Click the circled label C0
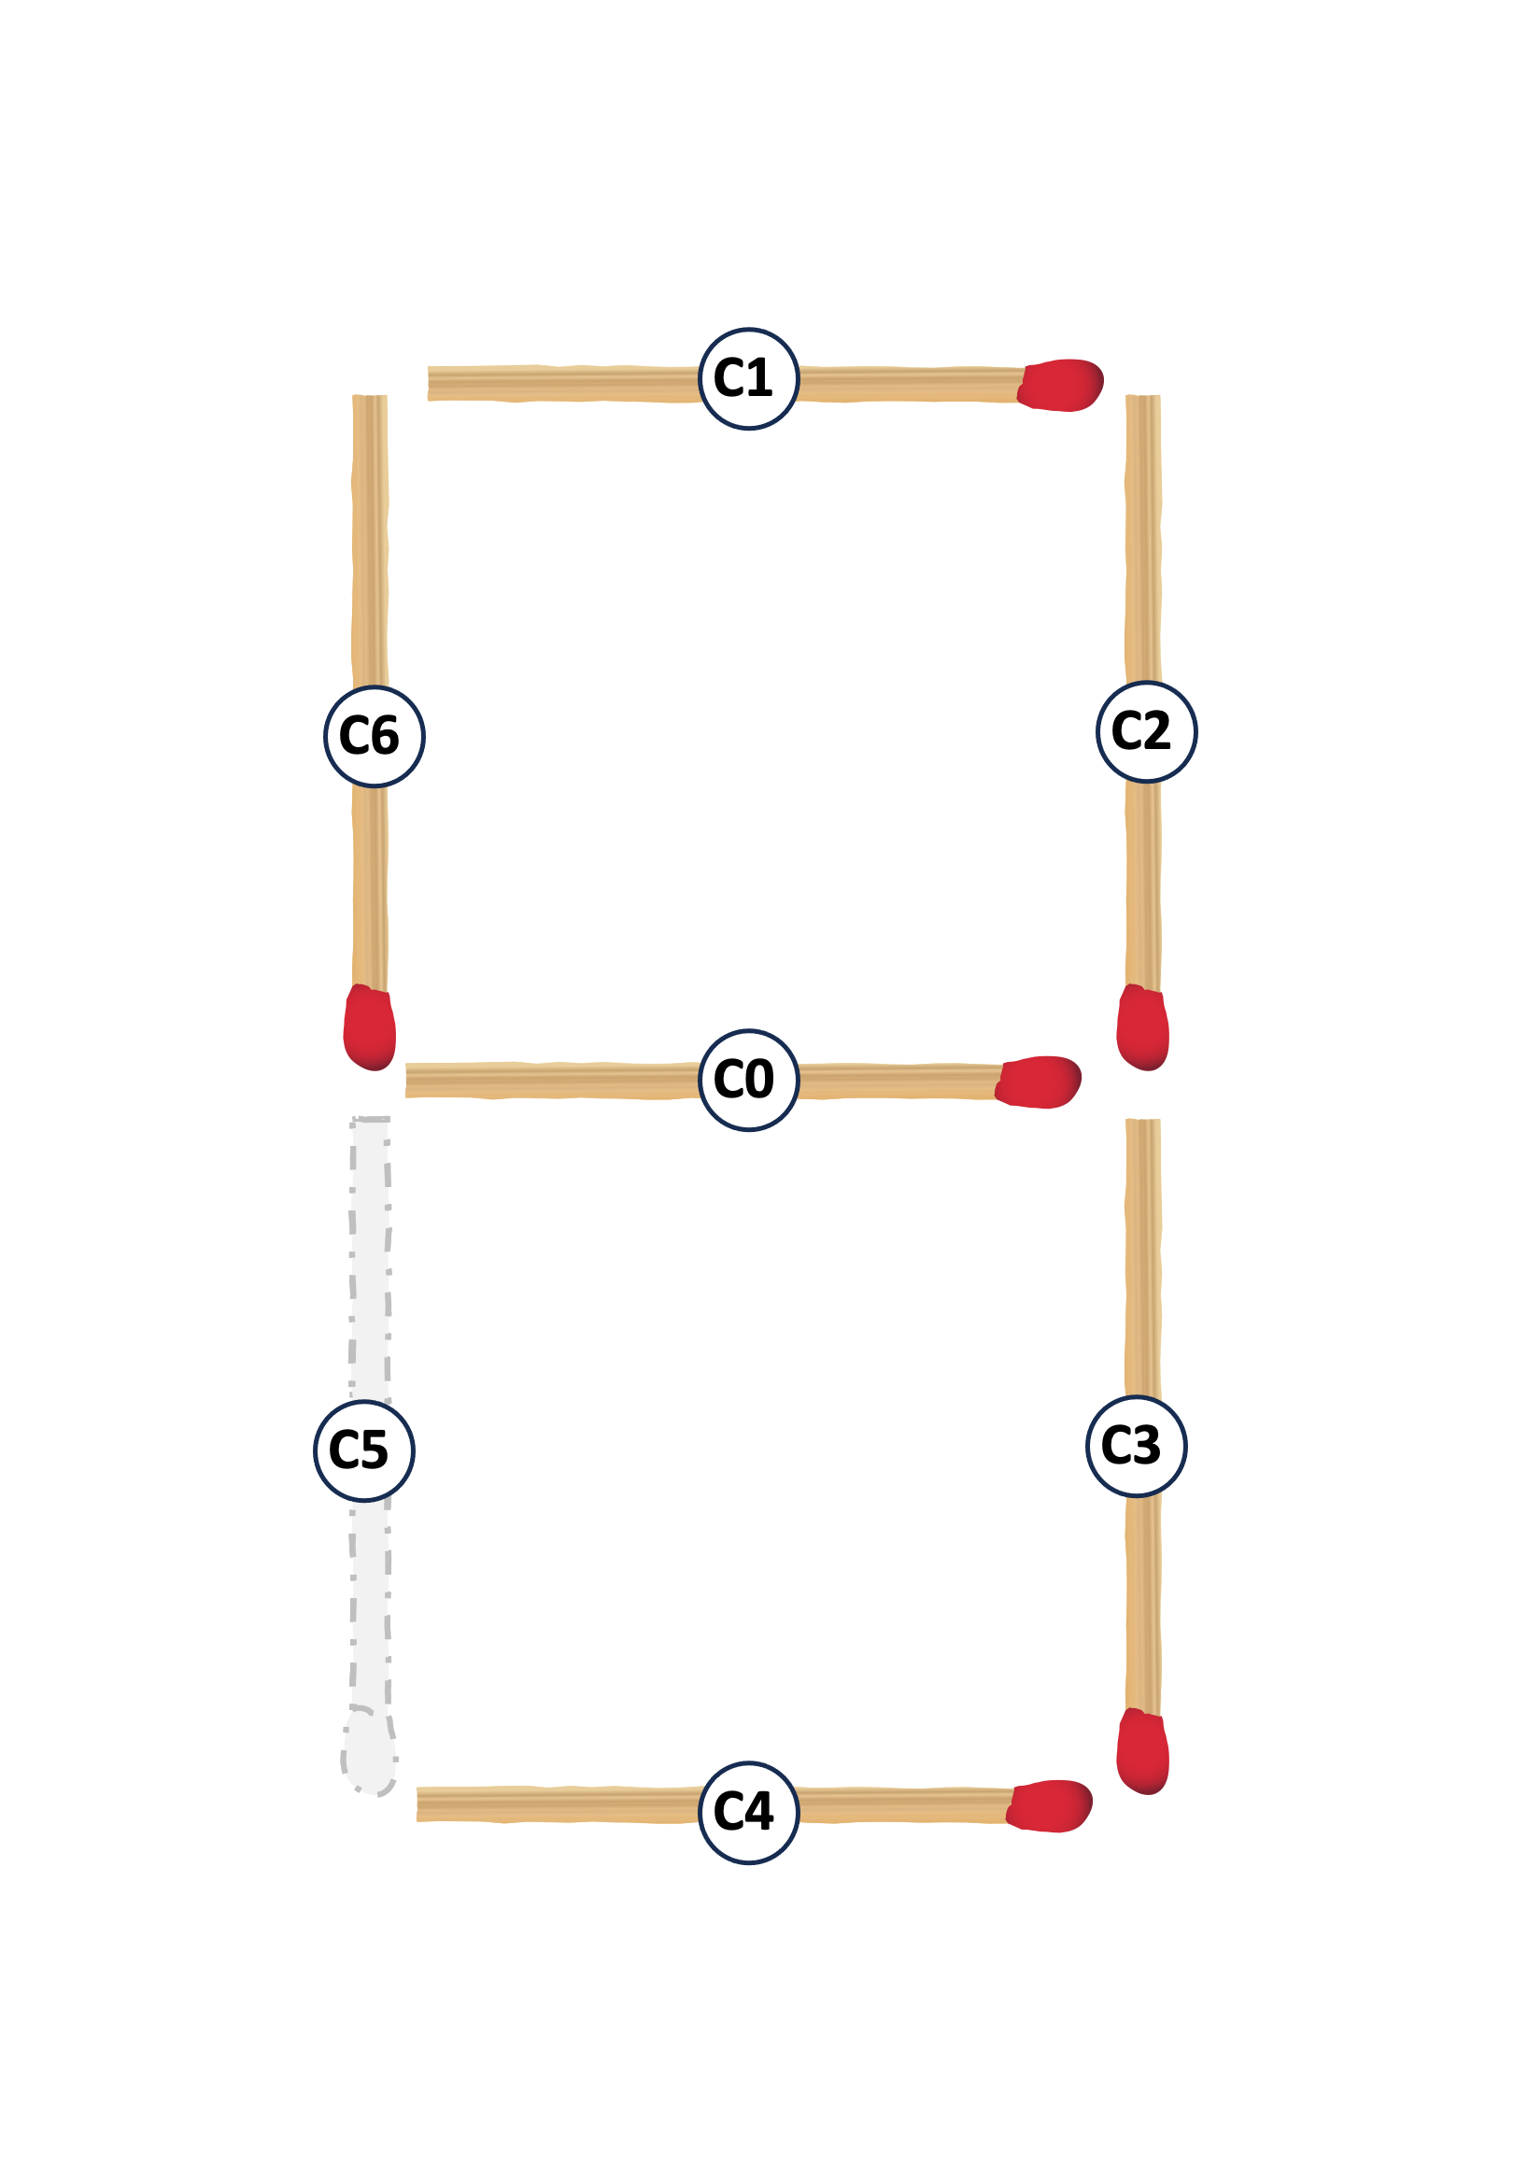click(x=748, y=1080)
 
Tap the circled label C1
click(x=748, y=378)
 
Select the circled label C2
click(x=1146, y=731)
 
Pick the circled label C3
click(x=1136, y=1446)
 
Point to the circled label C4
click(x=748, y=1813)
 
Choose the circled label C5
click(x=363, y=1450)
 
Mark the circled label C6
click(x=374, y=736)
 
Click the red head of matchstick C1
click(x=1059, y=385)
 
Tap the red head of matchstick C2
click(x=1142, y=1027)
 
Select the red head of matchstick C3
click(x=1142, y=1751)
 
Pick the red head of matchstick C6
click(x=369, y=1027)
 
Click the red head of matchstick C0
click(x=1038, y=1082)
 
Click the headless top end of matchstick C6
click(x=370, y=397)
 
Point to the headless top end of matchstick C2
click(x=1143, y=397)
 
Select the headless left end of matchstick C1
click(x=430, y=383)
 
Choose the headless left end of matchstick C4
click(x=419, y=1804)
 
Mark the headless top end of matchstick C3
click(x=1143, y=1122)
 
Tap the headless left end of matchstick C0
click(x=408, y=1081)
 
